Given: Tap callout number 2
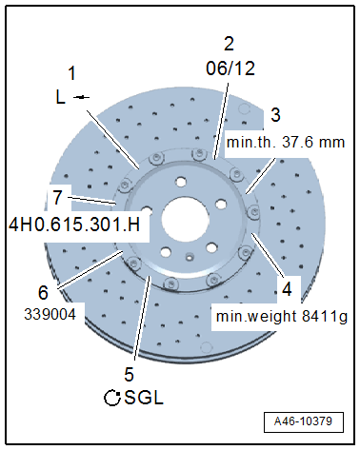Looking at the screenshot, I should (x=228, y=43).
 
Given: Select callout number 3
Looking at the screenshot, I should (x=275, y=115).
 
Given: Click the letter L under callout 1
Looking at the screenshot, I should (x=60, y=95).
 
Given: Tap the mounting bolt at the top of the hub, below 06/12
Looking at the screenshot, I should (x=197, y=154).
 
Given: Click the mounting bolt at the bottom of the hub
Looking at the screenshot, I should (x=170, y=284).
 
